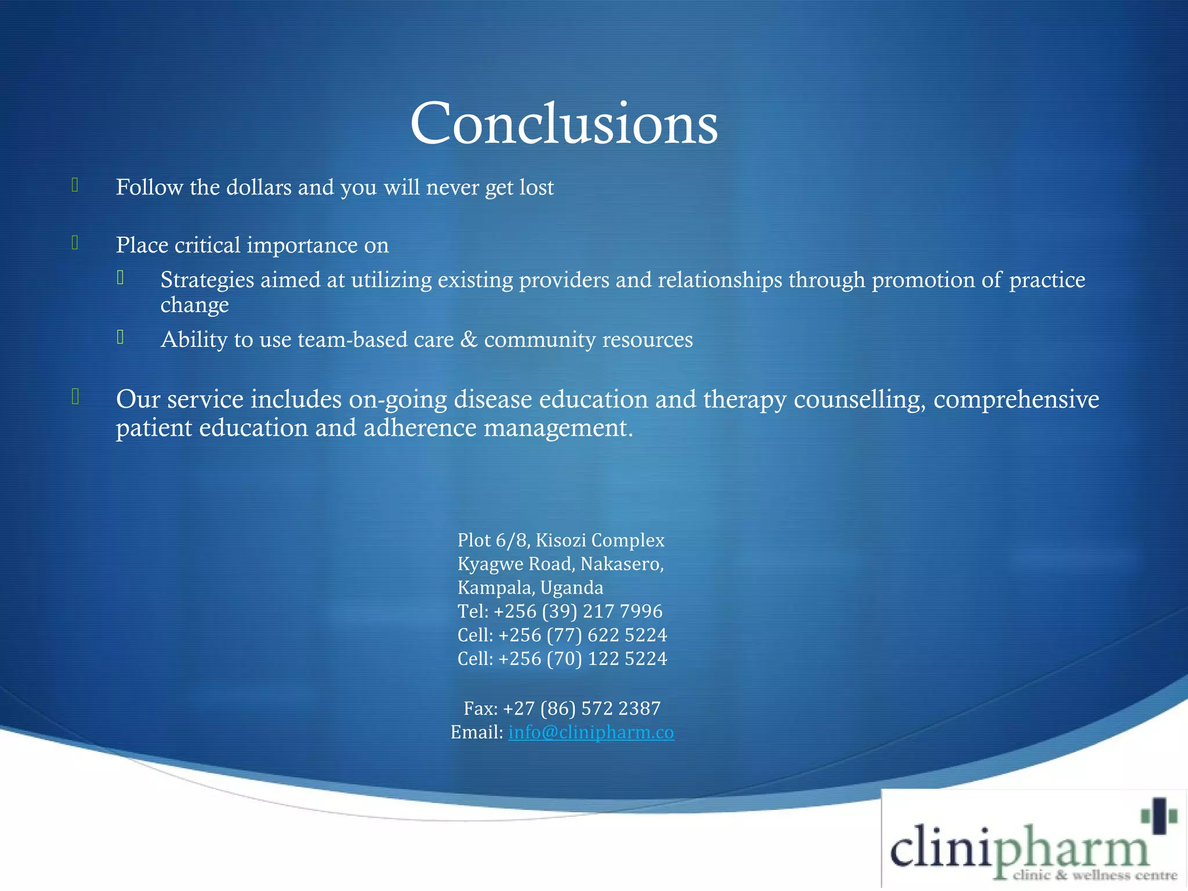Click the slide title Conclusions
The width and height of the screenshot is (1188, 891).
[x=564, y=124]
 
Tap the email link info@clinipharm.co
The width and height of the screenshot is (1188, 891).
[x=591, y=733]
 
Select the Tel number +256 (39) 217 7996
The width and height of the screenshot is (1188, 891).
[x=578, y=611]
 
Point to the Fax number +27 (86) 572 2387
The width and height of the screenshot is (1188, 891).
[x=581, y=709]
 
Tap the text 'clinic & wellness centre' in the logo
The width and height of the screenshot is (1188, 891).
[x=1095, y=875]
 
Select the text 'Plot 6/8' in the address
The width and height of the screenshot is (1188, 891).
[x=491, y=540]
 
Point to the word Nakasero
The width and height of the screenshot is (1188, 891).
[x=622, y=564]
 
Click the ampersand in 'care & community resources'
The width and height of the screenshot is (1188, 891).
[x=469, y=340]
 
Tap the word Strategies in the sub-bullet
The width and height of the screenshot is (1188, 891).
[x=207, y=280]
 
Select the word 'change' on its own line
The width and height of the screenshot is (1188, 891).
[x=194, y=305]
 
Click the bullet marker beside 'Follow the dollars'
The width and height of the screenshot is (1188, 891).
[x=75, y=185]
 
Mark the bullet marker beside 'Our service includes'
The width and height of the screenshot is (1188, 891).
[x=75, y=397]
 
